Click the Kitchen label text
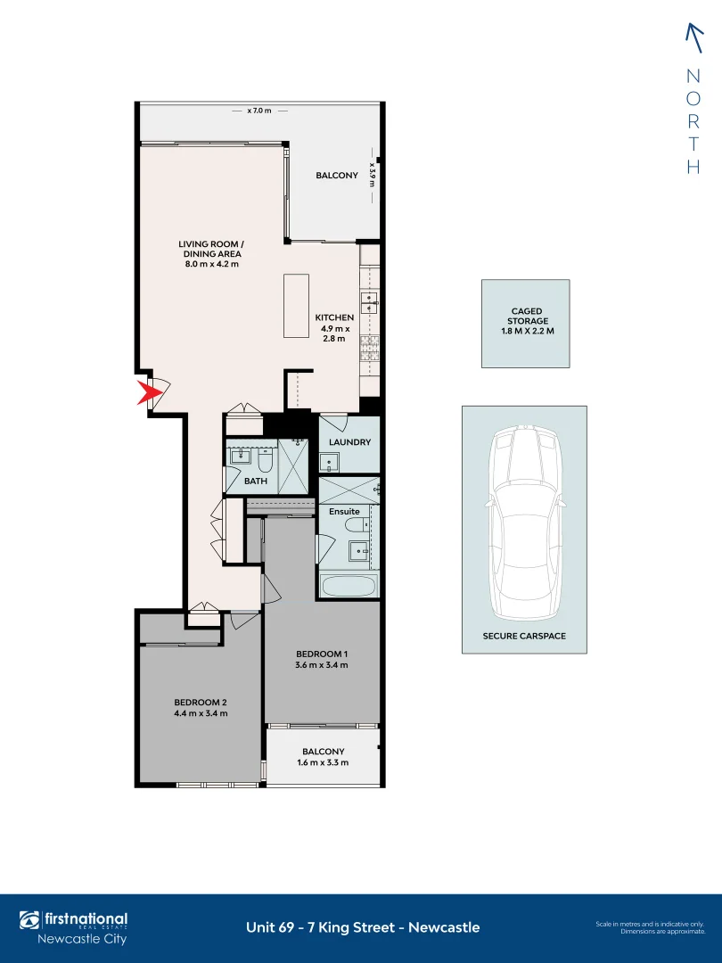334,317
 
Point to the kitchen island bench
296,306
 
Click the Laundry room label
349,442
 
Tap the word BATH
256,481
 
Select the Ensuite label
344,512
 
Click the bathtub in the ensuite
349,586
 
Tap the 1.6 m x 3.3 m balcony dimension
322,762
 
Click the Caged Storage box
526,323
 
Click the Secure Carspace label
524,637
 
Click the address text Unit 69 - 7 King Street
362,927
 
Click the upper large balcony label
337,176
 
